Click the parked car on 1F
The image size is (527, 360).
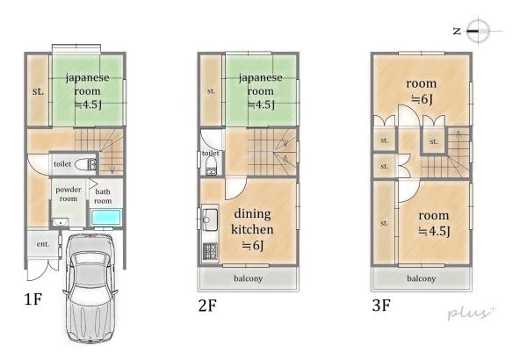coord(90,288)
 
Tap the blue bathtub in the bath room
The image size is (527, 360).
coord(106,218)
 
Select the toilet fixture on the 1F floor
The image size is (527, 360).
coord(86,164)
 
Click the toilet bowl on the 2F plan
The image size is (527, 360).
coord(211,166)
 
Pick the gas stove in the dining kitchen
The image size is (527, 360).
coord(211,251)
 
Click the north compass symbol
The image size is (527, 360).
coord(479,31)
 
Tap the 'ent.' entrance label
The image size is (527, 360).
coord(43,244)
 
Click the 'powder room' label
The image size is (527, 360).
coord(69,194)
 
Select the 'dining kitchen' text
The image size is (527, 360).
coord(252,221)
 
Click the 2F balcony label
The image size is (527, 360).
coord(248,278)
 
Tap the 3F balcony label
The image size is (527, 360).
coord(421,278)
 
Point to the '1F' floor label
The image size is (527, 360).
coord(33,299)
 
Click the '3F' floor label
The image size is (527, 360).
coord(381,306)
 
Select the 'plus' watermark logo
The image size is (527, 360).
coord(472,313)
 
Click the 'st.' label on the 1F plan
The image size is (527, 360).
coord(38,91)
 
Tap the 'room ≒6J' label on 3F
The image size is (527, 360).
coord(421,91)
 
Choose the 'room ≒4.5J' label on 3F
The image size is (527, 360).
coord(434,224)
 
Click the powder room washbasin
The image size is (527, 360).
coord(61,222)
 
